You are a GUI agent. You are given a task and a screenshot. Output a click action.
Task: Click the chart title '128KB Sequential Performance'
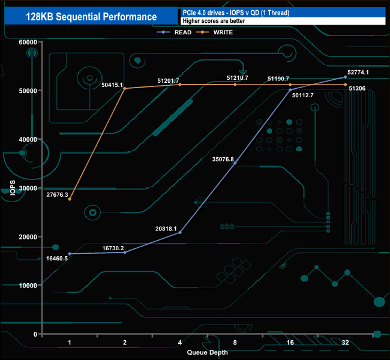[91, 17]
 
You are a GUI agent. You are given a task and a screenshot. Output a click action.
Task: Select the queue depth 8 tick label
[235, 342]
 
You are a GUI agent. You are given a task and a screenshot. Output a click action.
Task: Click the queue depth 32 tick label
[345, 342]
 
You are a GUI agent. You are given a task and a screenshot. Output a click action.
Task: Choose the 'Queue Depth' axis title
[207, 352]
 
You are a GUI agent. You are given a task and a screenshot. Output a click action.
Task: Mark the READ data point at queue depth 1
[70, 254]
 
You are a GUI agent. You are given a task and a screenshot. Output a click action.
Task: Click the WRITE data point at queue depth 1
[70, 199]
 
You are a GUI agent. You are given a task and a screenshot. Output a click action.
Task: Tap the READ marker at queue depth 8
[235, 163]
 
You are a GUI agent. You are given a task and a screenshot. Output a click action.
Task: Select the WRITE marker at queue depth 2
[125, 88]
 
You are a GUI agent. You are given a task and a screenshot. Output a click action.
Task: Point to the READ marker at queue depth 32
[345, 77]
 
